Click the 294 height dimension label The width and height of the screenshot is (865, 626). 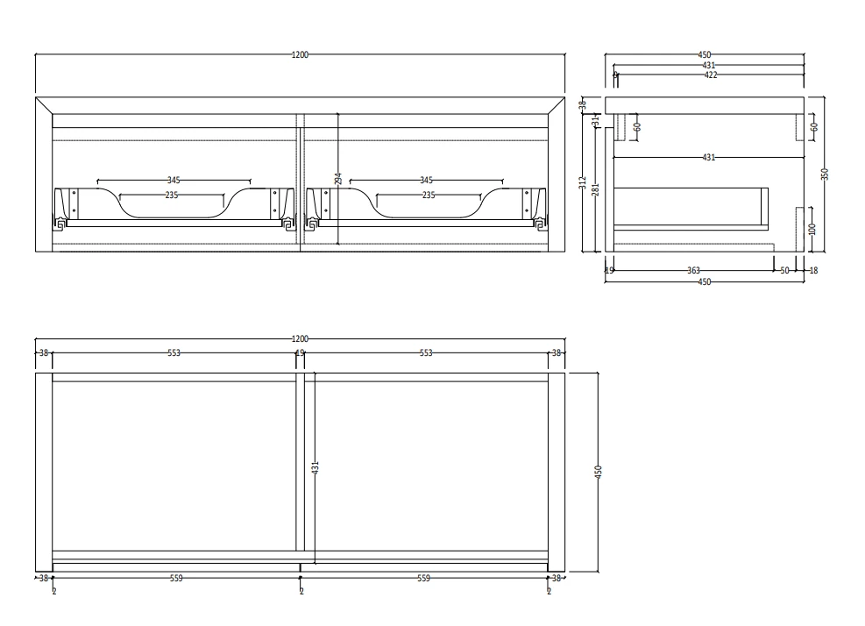[337, 178]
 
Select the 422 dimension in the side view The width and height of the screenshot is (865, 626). [710, 75]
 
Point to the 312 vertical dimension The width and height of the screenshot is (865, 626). [583, 182]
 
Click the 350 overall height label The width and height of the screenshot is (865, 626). [824, 174]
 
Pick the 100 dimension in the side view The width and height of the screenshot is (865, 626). [812, 227]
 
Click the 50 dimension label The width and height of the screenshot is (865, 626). [785, 271]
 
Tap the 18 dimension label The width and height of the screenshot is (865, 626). [813, 271]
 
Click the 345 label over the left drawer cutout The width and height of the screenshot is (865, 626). [172, 181]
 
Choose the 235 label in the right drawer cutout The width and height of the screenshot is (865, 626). [428, 195]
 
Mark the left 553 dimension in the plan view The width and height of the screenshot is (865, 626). [174, 353]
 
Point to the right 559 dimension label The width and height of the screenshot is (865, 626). [424, 578]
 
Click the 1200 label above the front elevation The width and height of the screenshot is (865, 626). [300, 54]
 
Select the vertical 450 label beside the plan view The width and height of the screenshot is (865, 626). [599, 472]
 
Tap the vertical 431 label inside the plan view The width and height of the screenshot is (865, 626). [316, 468]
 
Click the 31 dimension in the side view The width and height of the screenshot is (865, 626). [596, 122]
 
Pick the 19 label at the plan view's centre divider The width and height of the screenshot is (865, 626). [300, 353]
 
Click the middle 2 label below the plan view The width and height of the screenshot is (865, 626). [301, 592]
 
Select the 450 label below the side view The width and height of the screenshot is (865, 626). [705, 281]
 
